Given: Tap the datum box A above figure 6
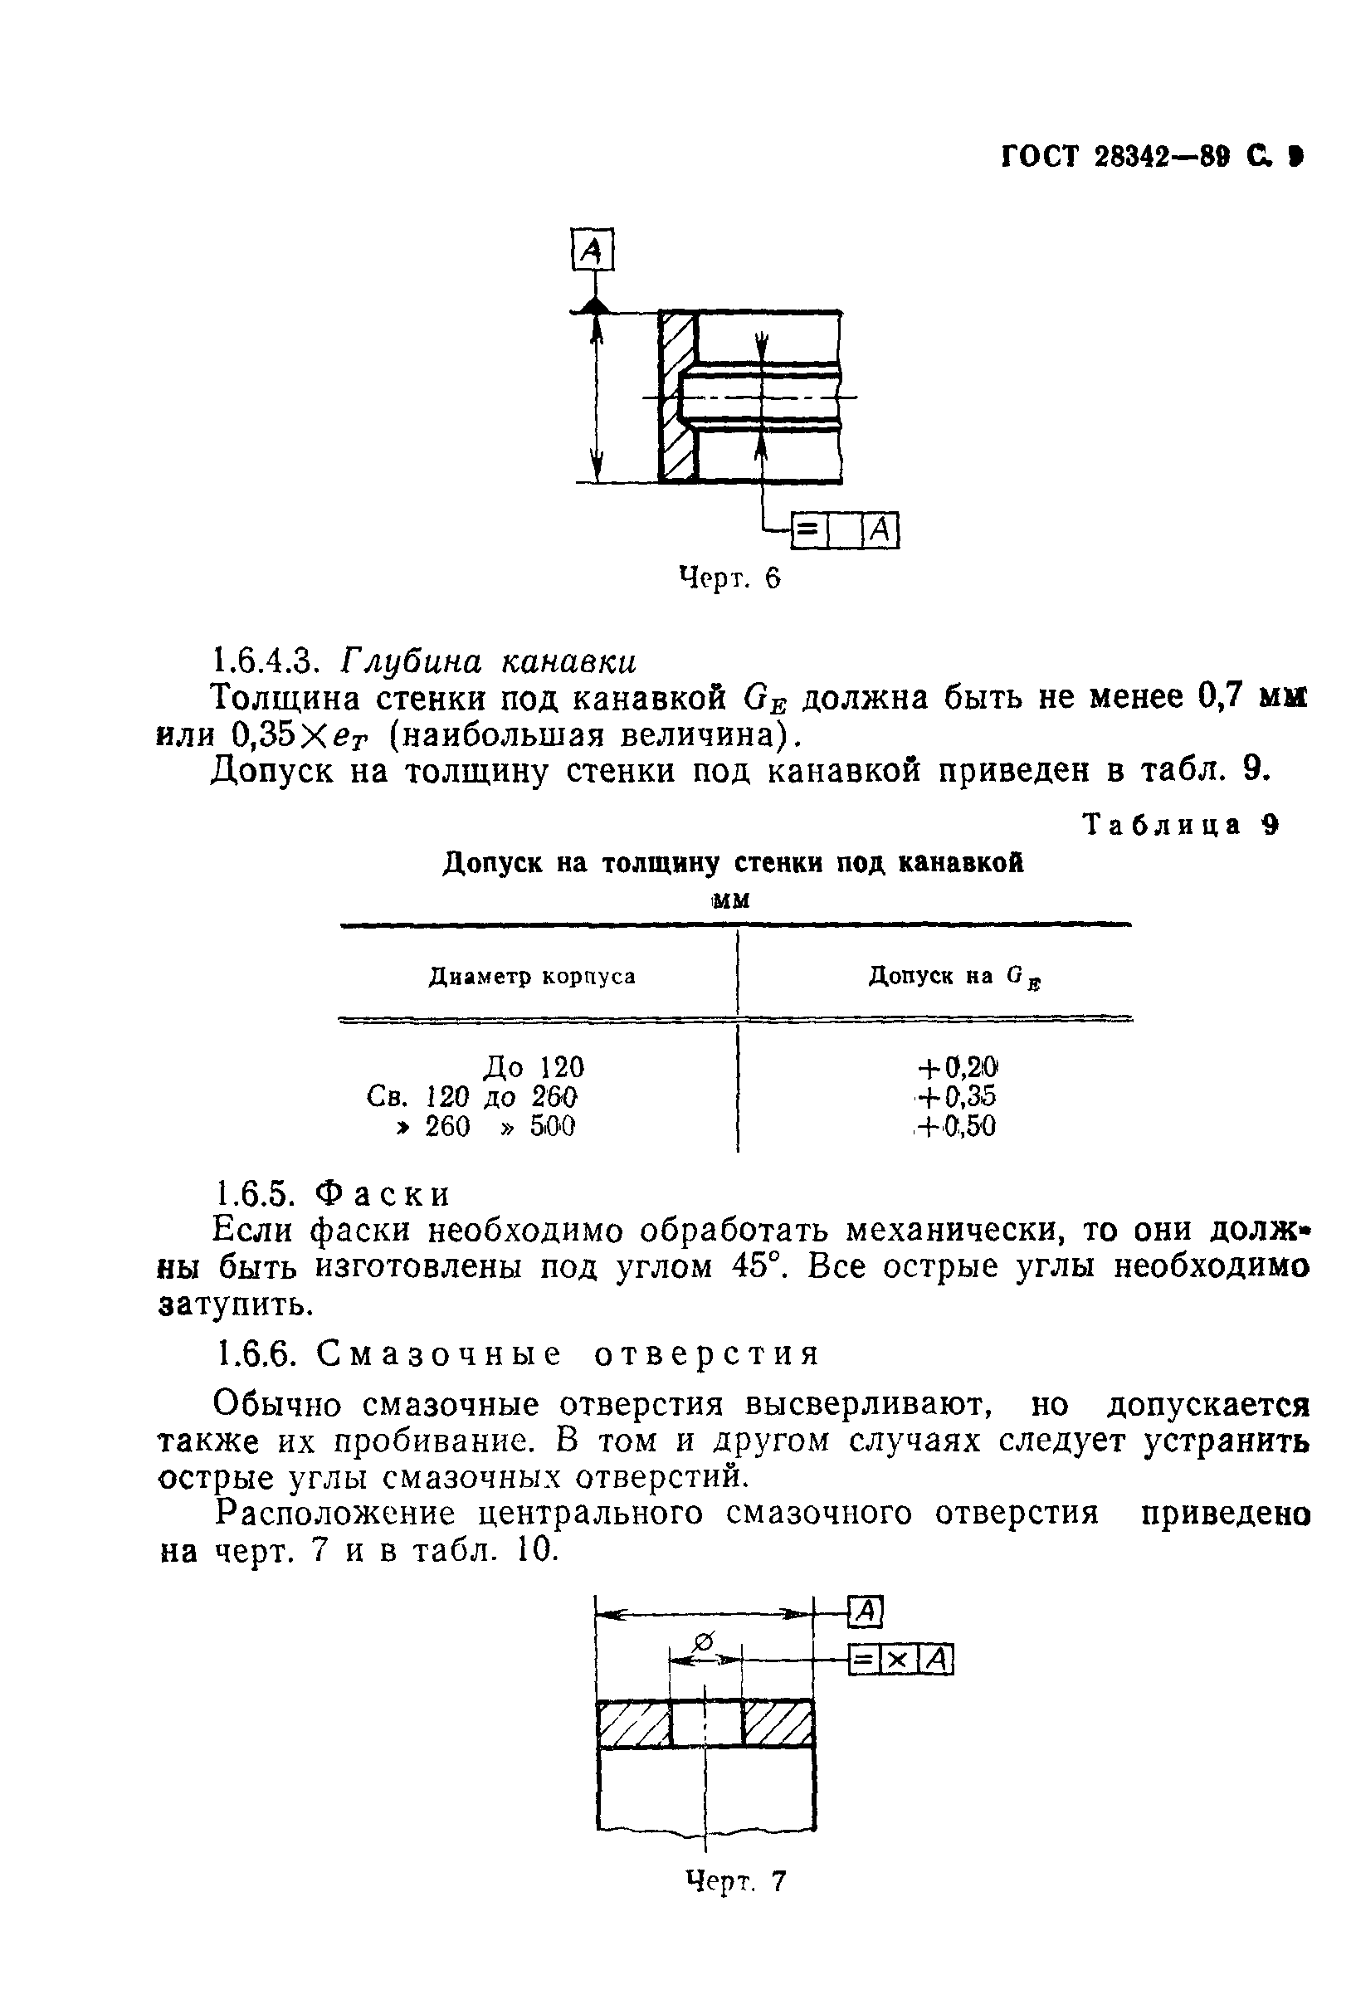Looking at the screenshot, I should (x=592, y=250).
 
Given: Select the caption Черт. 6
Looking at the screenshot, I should (x=729, y=578).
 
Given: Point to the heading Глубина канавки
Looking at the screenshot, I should (x=490, y=661).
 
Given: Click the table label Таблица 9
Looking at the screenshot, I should (x=1181, y=824).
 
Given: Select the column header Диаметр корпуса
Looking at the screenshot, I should (x=532, y=976).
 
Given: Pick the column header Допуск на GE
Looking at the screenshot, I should (x=954, y=976).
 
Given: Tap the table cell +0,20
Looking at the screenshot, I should (x=956, y=1067).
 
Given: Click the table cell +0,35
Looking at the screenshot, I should (x=956, y=1096).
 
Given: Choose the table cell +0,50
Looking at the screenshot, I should (x=956, y=1126).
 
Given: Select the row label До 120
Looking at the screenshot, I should (x=534, y=1067).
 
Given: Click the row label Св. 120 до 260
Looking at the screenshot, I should (x=471, y=1096).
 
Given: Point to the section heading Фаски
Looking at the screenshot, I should (x=383, y=1194).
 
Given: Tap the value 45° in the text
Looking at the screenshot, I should (x=758, y=1267).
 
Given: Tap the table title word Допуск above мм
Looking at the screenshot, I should (x=491, y=863).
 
